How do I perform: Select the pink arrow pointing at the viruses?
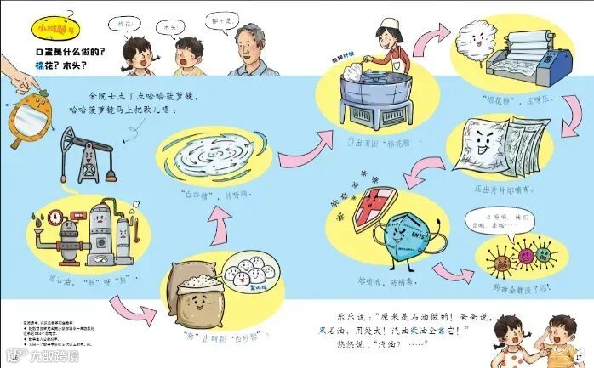453,272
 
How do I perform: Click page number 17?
578,355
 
